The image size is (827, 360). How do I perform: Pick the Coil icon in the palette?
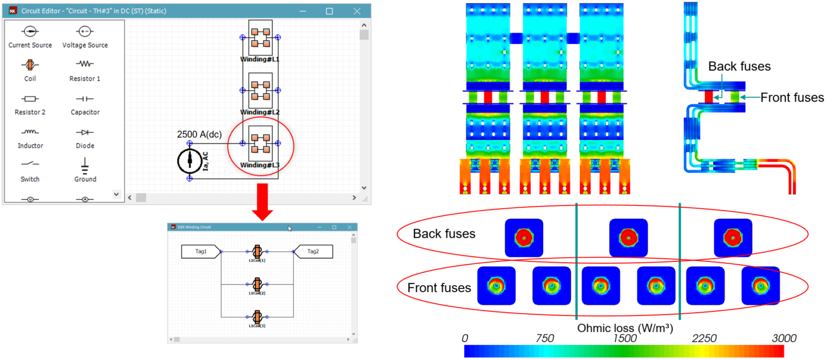pos(30,65)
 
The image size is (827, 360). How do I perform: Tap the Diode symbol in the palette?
pos(85,132)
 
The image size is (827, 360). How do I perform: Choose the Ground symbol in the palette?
pos(85,164)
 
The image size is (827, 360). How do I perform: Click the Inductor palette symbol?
pos(30,132)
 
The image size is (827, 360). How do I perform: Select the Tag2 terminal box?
pos(313,251)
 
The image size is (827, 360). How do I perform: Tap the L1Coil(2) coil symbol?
pos(257,284)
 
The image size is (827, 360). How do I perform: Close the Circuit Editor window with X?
pos(356,11)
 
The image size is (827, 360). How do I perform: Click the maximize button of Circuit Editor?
pos(329,11)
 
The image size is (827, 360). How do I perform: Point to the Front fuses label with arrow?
pos(792,97)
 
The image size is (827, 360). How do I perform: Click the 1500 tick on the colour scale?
pos(625,338)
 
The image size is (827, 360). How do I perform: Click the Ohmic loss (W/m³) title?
pos(625,327)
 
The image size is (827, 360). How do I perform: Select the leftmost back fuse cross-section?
pos(524,237)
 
